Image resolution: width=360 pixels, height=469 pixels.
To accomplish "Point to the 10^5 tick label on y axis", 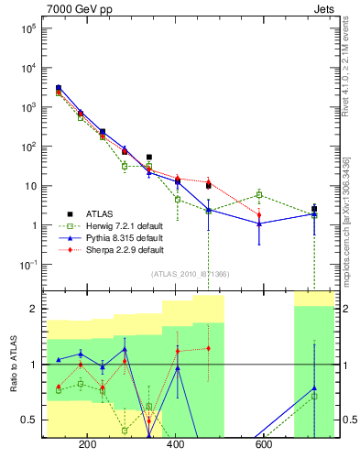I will pyautogui.click(x=27, y=28).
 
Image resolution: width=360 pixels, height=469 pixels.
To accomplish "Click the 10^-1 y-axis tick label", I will pyautogui.click(x=27, y=265).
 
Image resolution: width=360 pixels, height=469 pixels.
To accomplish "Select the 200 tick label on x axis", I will pyautogui.click(x=88, y=446).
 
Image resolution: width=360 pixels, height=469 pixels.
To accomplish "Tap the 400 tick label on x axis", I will pyautogui.click(x=176, y=446).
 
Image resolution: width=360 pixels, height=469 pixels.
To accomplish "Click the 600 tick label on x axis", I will pyautogui.click(x=264, y=446).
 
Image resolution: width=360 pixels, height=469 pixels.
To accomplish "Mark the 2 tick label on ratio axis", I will pyautogui.click(x=33, y=309).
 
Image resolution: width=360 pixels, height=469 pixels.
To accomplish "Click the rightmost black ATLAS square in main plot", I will pyautogui.click(x=314, y=209).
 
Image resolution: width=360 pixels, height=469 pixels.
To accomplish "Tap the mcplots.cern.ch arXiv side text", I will pyautogui.click(x=350, y=211).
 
